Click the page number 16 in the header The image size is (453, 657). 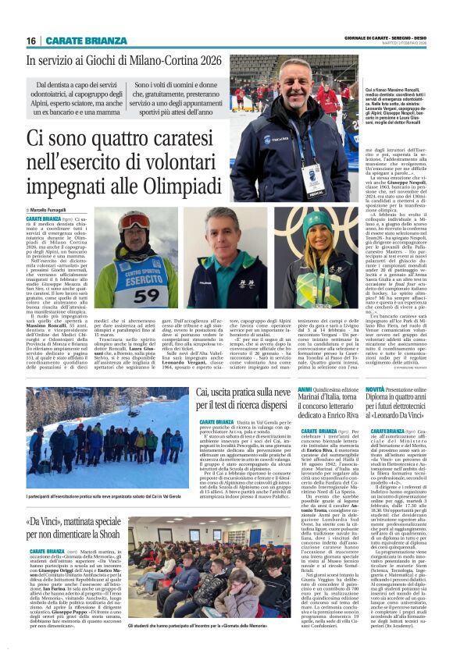tap(31, 41)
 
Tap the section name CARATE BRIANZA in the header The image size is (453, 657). tap(77, 41)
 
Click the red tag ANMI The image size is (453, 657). tap(305, 388)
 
